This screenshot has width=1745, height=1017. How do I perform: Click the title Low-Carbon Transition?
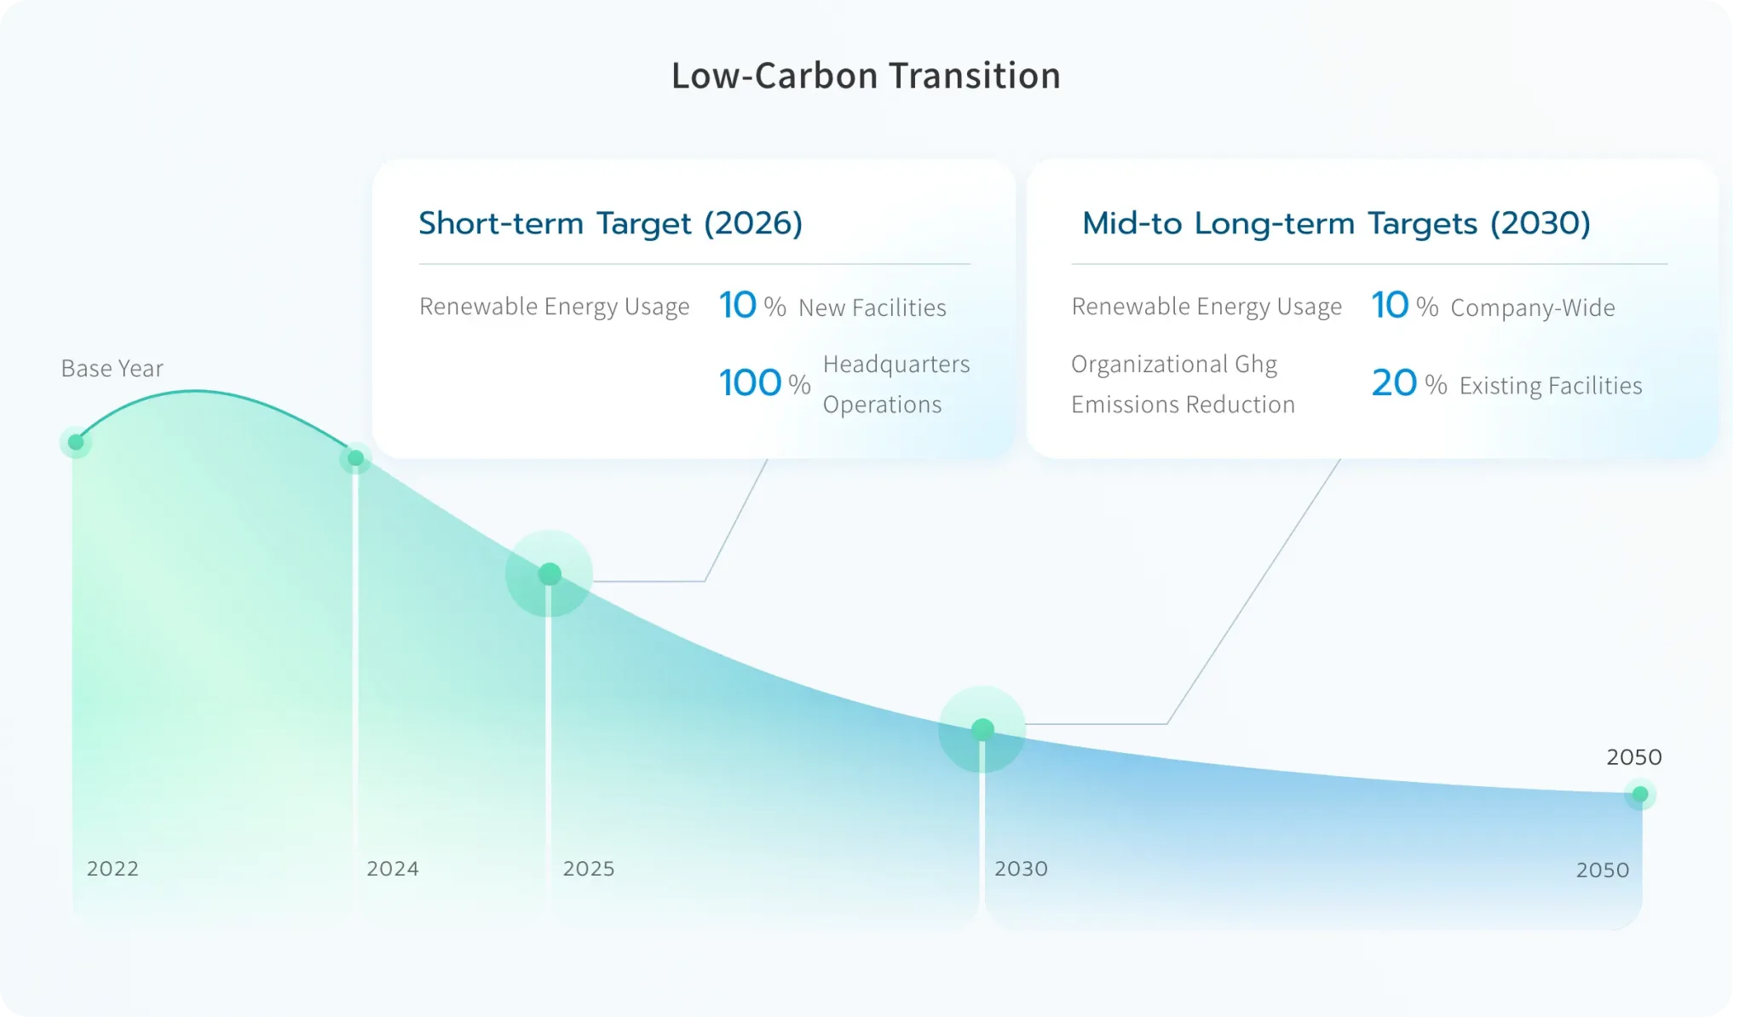(x=866, y=76)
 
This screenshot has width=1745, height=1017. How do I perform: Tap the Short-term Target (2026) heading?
(x=610, y=223)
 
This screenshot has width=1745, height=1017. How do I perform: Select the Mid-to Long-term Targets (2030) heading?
(x=1336, y=223)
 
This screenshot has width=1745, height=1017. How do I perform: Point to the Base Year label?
(x=112, y=368)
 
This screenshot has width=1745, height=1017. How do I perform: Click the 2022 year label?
(x=112, y=869)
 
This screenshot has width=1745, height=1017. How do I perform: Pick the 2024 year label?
(x=393, y=869)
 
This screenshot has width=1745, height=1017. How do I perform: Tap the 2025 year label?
(x=589, y=869)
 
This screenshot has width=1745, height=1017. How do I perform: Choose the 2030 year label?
(x=1021, y=869)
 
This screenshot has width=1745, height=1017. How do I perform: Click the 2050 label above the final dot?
(x=1634, y=757)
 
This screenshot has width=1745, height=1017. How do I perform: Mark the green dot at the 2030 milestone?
(x=982, y=729)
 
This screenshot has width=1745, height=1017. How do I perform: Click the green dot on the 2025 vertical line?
(x=550, y=574)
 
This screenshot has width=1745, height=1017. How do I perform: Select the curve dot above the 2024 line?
(x=356, y=458)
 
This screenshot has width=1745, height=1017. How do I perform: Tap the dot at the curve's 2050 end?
(x=1640, y=795)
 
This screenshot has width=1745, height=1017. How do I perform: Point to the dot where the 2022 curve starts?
(x=76, y=442)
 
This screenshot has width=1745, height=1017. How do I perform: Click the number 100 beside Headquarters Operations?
(x=750, y=383)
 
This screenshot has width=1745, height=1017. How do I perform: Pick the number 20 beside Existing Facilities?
(x=1394, y=383)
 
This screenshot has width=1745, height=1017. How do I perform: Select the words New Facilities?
(x=872, y=307)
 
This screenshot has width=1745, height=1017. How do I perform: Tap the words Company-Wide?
(x=1533, y=307)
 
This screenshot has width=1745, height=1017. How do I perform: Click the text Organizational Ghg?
(x=1174, y=365)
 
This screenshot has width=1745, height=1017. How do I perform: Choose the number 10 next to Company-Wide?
(x=1390, y=305)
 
